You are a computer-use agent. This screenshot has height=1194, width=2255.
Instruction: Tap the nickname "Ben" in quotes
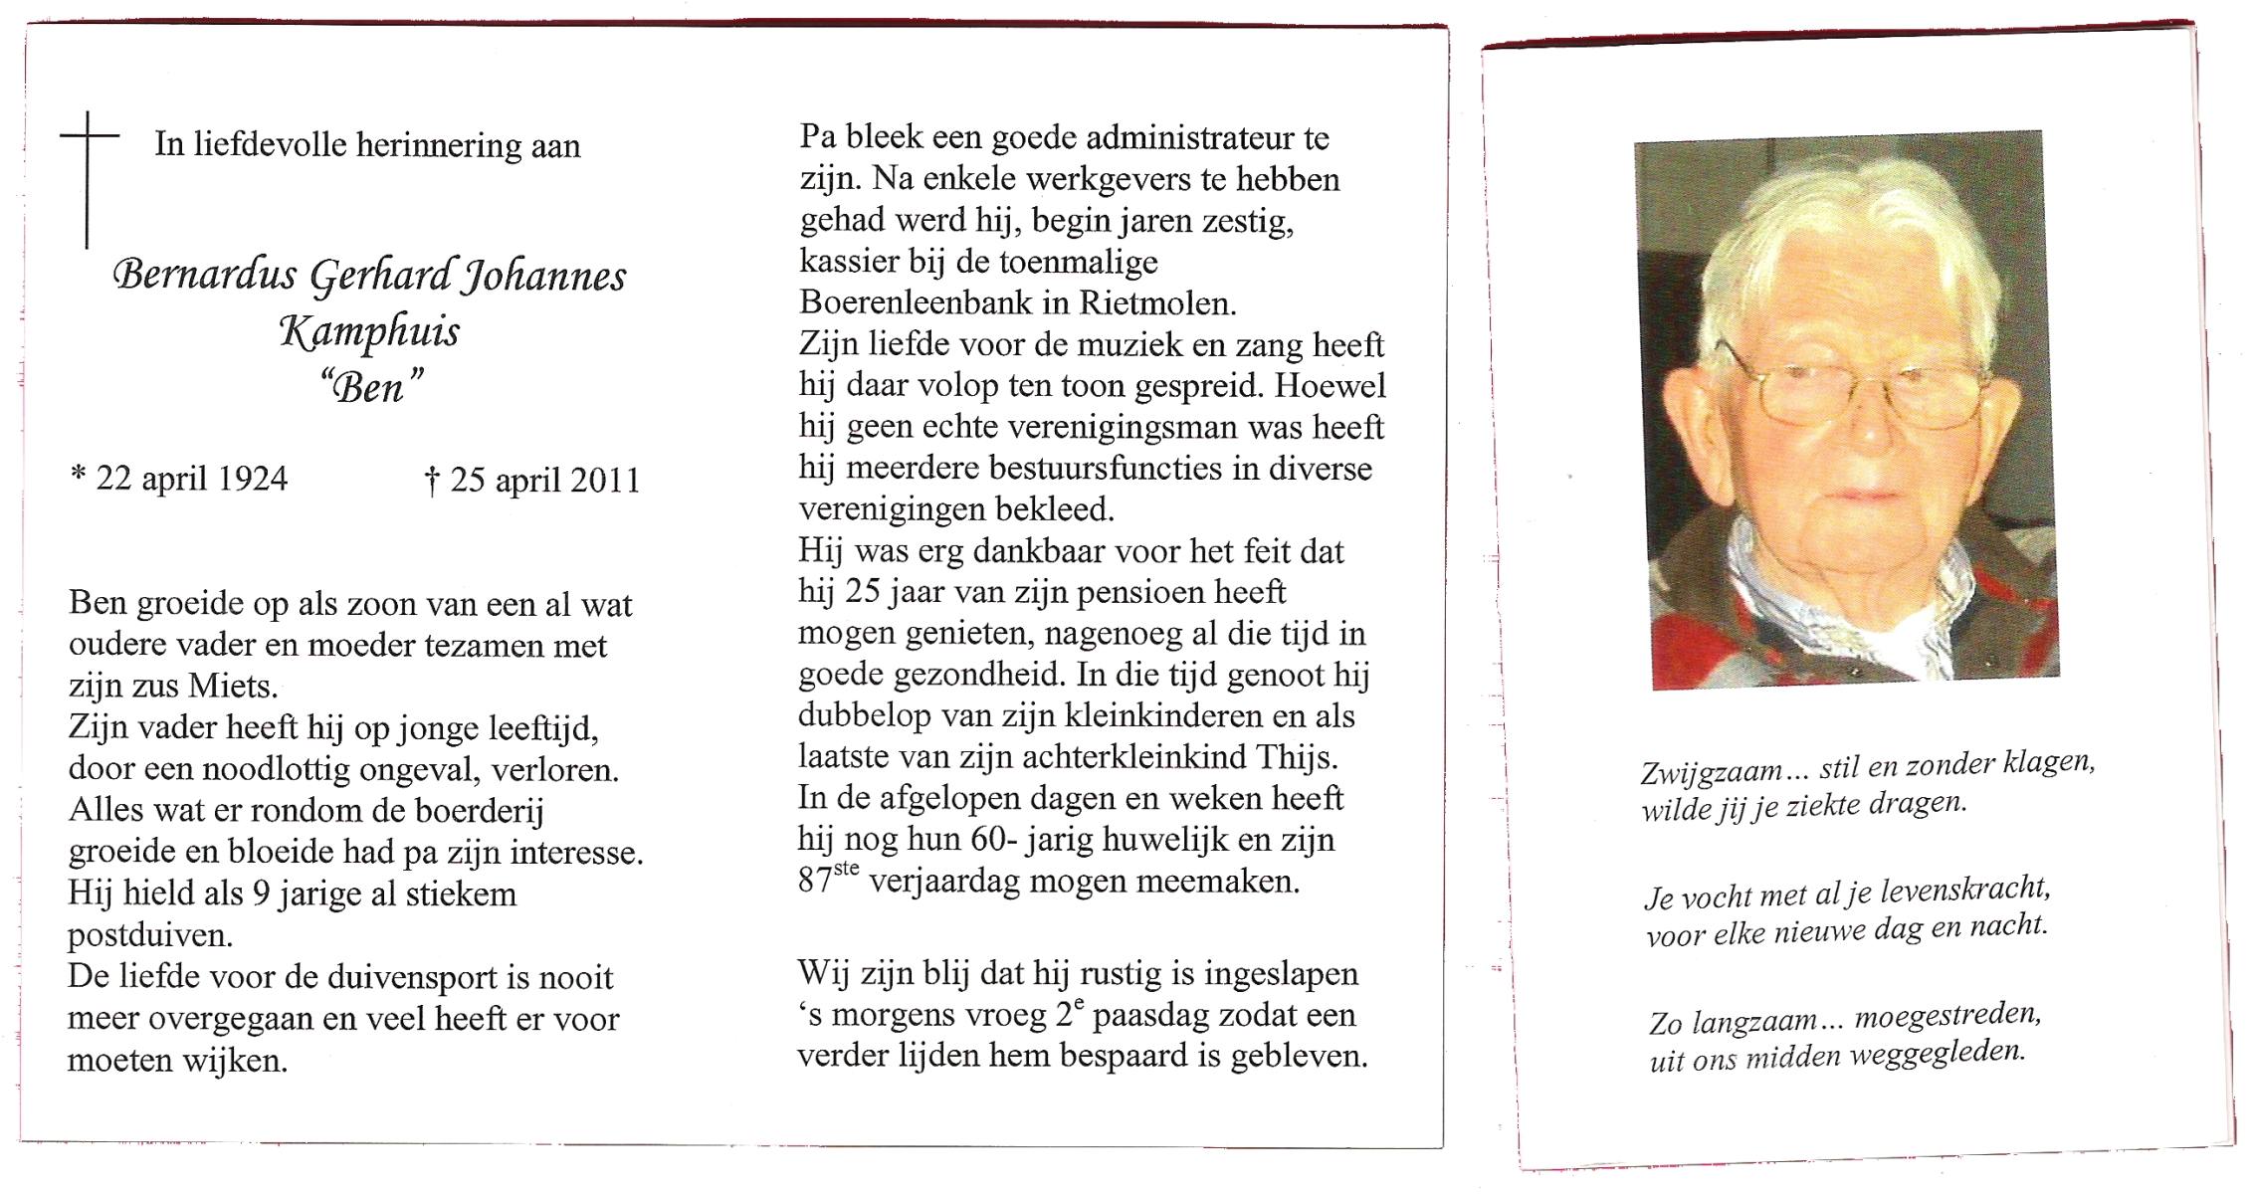point(369,386)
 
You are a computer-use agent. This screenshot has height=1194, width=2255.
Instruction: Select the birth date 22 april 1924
point(179,479)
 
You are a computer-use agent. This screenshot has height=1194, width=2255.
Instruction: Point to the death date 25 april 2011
point(532,481)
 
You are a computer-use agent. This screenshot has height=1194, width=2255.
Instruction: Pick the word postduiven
point(148,935)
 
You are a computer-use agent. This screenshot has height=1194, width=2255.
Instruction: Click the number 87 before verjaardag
point(815,883)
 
